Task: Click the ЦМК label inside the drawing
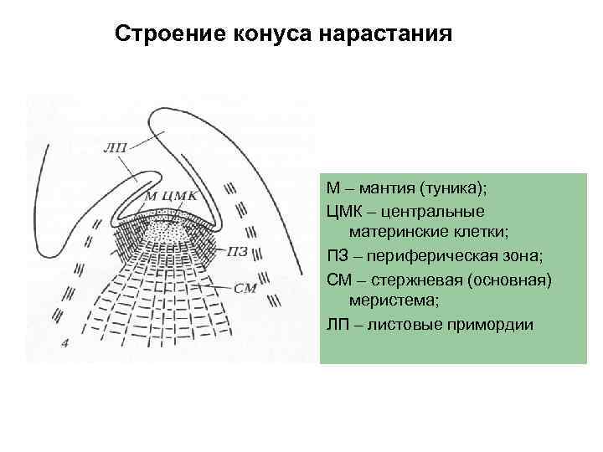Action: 181,195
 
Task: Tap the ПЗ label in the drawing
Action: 238,250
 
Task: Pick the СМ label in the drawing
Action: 245,289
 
